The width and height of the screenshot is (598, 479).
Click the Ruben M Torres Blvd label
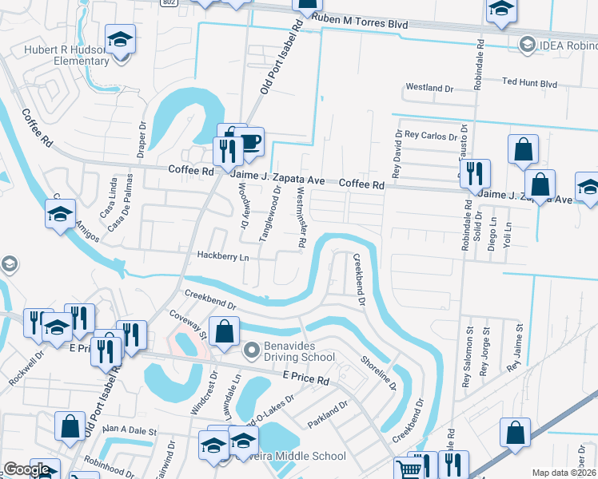coord(361,24)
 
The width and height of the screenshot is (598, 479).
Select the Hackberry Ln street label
coord(223,258)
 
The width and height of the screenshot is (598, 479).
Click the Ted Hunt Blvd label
coord(529,82)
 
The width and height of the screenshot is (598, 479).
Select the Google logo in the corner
coord(26,469)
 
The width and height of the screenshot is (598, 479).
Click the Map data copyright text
coord(564,473)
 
